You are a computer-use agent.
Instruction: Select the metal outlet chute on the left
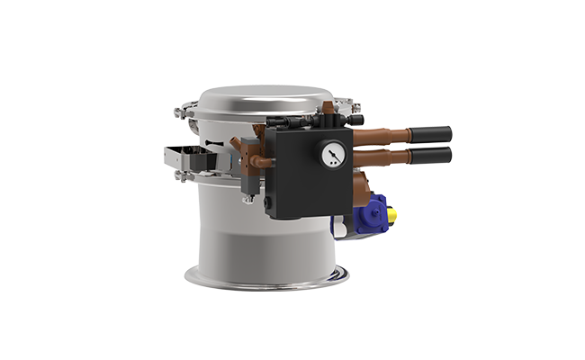pos(185,157)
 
